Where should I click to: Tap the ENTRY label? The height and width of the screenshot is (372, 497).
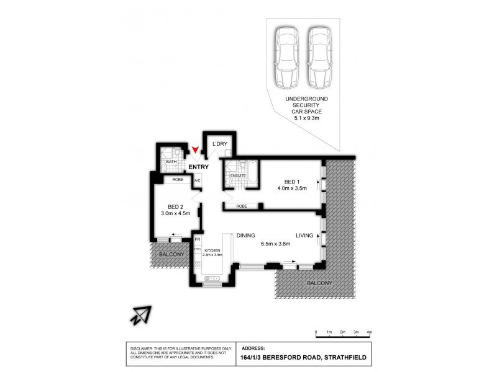tap(198, 167)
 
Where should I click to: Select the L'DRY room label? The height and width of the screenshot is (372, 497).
tap(220, 144)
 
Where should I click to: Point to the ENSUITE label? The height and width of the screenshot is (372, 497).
tap(237, 175)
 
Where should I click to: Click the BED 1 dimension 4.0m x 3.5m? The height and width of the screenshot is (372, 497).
tap(293, 188)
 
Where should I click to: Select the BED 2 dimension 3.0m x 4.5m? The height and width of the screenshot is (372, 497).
tap(176, 215)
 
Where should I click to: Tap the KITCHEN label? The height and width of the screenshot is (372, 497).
tap(212, 250)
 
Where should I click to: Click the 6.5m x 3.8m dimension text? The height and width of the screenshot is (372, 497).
tap(275, 244)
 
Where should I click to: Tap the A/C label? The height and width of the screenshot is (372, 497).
tap(196, 181)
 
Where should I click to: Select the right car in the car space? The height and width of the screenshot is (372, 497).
tap(321, 60)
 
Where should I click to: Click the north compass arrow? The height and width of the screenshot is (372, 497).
tap(142, 315)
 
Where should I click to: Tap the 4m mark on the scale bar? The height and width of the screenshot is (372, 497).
tap(370, 333)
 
